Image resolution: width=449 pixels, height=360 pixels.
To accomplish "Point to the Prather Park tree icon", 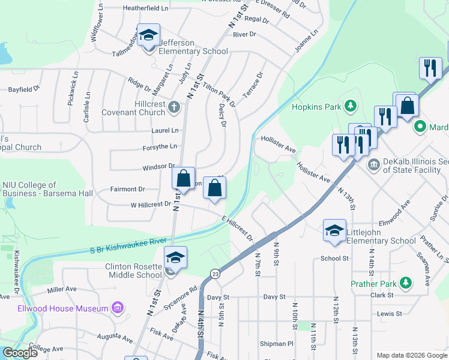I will click(x=406, y=282).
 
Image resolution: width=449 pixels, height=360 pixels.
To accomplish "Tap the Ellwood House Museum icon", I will click(x=118, y=309).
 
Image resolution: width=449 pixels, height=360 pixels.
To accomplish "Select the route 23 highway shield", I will click(x=214, y=274).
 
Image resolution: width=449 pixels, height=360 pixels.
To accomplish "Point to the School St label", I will click(x=334, y=259).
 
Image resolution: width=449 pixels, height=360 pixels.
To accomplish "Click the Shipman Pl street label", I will click(x=277, y=344).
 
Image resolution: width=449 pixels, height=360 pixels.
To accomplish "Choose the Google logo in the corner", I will click(x=20, y=353).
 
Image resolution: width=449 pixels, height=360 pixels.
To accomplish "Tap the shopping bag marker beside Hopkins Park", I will click(x=407, y=106).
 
